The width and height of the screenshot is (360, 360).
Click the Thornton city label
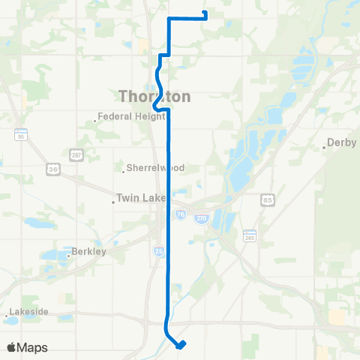pos(154,97)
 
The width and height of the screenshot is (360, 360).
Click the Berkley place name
pos(91,252)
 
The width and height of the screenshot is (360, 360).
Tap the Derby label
pos(342,143)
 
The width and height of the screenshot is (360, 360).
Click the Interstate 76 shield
pos(180,214)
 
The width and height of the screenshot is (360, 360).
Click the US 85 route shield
pos(268,199)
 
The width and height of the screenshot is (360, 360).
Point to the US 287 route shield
pos(76,154)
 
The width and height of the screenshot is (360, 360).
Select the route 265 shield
pos(249,236)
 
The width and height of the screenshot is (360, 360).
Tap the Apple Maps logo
pos(27,347)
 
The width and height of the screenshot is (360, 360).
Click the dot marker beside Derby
pos(325,148)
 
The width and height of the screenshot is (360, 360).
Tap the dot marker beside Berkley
pos(69,256)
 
